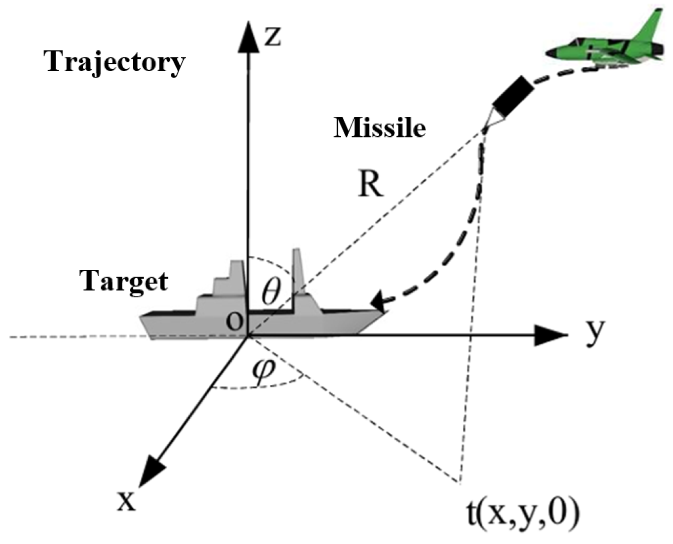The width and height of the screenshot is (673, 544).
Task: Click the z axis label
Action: [x=272, y=37]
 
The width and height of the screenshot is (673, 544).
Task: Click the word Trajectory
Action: [x=116, y=63]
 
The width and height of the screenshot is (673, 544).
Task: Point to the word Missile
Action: [x=380, y=128]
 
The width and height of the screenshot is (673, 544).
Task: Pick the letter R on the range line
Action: [x=371, y=186]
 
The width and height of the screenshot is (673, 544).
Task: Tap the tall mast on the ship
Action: [x=298, y=272]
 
